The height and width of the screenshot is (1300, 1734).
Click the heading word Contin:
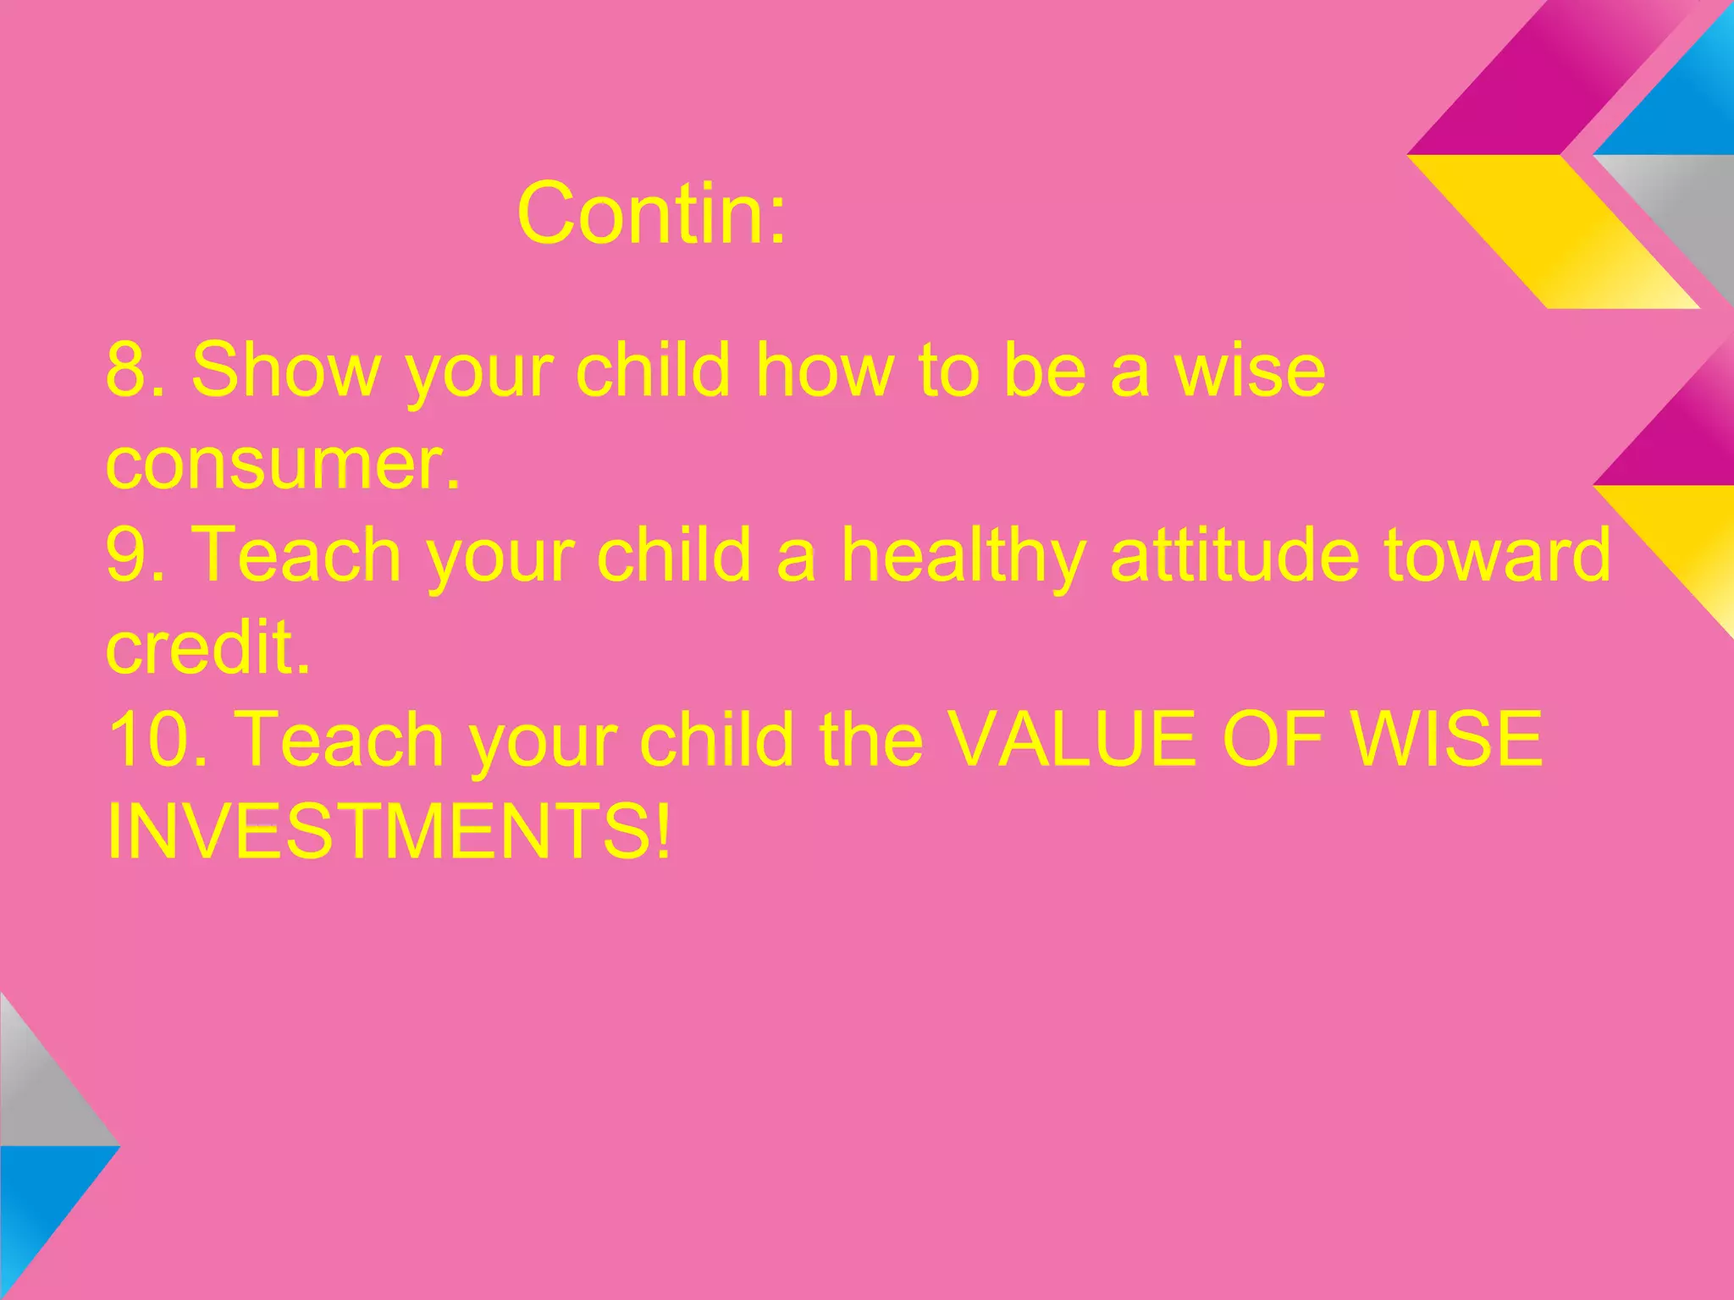tap(651, 213)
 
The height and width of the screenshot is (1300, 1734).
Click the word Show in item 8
tap(286, 370)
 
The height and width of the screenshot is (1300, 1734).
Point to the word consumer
tap(283, 464)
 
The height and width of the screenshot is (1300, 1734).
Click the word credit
tap(208, 647)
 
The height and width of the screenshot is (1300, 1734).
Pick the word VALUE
tap(1072, 739)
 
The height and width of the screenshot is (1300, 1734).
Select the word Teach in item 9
tap(296, 554)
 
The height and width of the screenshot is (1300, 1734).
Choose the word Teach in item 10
tap(339, 739)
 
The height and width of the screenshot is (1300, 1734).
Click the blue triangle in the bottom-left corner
tap(42, 1202)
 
